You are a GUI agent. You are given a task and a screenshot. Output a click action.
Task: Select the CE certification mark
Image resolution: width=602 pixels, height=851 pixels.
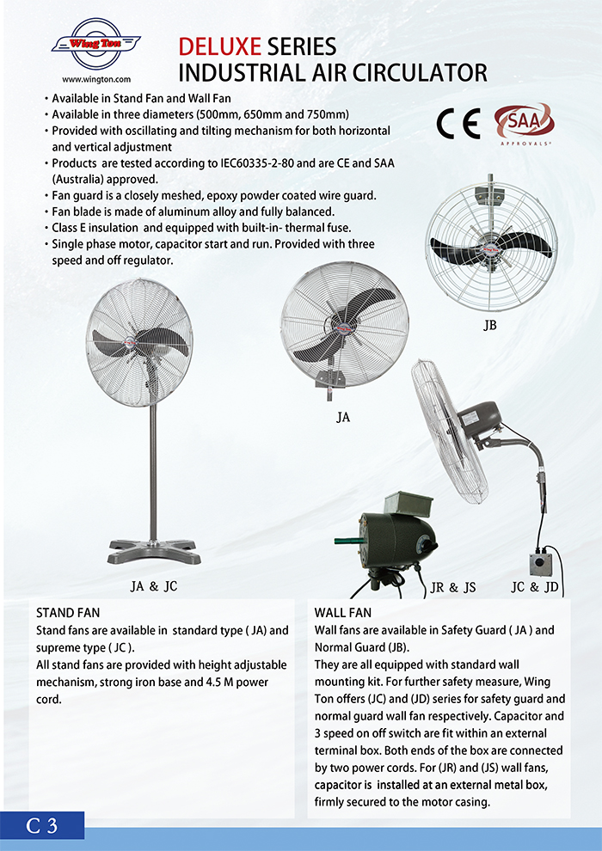click(457, 126)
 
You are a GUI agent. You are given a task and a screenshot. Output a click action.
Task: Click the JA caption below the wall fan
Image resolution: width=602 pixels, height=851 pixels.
click(344, 419)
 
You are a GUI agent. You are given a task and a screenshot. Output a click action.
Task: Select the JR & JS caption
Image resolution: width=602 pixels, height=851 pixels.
click(453, 588)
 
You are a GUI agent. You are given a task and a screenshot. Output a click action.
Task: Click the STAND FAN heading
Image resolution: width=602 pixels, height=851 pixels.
click(68, 614)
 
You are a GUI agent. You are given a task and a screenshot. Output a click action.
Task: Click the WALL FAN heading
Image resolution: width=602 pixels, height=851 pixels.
click(344, 614)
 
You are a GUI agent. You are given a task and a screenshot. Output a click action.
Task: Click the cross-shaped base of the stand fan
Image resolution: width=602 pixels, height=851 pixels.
click(152, 549)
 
